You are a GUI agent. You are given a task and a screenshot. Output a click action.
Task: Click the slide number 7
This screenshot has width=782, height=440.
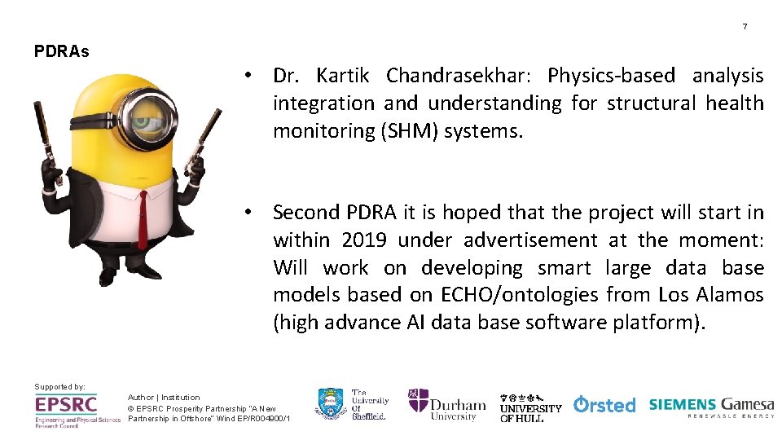pyautogui.click(x=744, y=27)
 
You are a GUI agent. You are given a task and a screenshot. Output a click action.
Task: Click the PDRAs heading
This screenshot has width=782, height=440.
pyautogui.click(x=62, y=51)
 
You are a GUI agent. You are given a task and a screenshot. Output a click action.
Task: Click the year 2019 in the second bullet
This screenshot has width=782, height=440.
pyautogui.click(x=365, y=240)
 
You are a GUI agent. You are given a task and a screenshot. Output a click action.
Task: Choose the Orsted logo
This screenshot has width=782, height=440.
pyautogui.click(x=604, y=404)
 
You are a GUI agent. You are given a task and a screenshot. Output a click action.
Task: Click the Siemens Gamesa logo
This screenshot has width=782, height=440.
pyautogui.click(x=711, y=405)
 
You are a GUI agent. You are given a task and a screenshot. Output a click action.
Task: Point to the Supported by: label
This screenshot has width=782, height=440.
pyautogui.click(x=59, y=386)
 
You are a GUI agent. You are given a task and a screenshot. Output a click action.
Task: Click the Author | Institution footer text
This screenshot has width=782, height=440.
pyautogui.click(x=164, y=397)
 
